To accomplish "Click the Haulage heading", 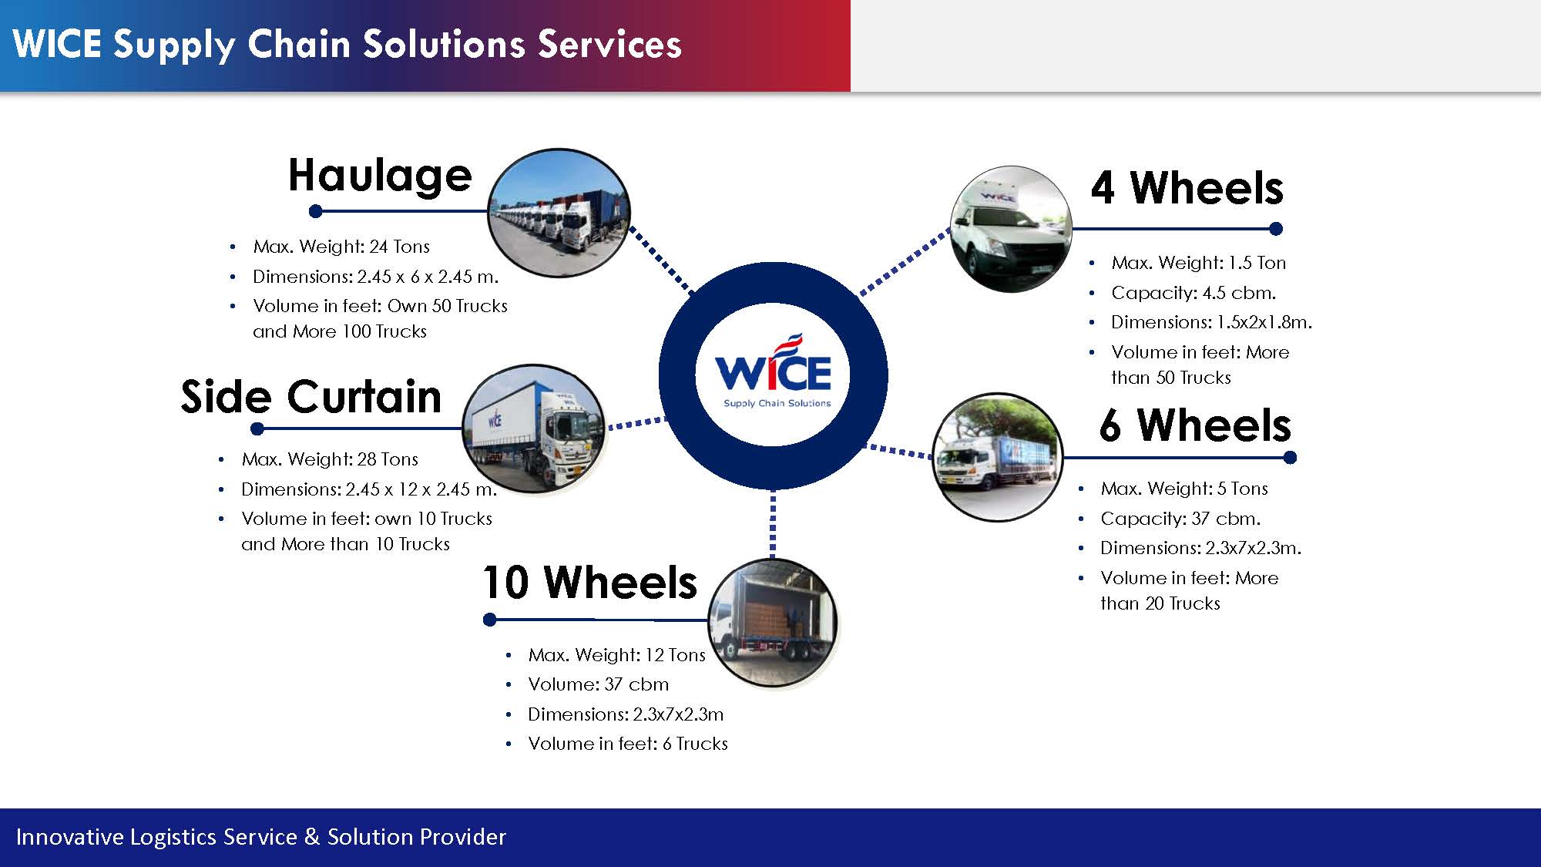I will click(x=380, y=176).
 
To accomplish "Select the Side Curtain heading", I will click(x=311, y=397).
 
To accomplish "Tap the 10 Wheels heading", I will click(x=589, y=583).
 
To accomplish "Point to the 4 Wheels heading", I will click(x=1187, y=188).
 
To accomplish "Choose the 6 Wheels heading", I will click(x=1195, y=425).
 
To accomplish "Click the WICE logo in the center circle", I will click(x=774, y=374).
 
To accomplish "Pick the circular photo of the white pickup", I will click(x=1011, y=229).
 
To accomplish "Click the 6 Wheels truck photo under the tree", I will click(x=997, y=457).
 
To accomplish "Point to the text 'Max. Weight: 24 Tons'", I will click(x=341, y=247).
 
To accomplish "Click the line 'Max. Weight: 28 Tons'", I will click(x=330, y=459).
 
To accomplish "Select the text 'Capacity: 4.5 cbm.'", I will click(x=1194, y=293).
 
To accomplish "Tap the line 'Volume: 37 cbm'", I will click(x=598, y=684).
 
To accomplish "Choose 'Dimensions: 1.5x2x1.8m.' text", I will click(x=1211, y=322).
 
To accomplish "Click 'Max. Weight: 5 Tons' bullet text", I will click(x=1184, y=489).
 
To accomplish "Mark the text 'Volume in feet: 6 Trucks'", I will click(x=628, y=744).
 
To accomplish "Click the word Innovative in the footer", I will click(x=69, y=837).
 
